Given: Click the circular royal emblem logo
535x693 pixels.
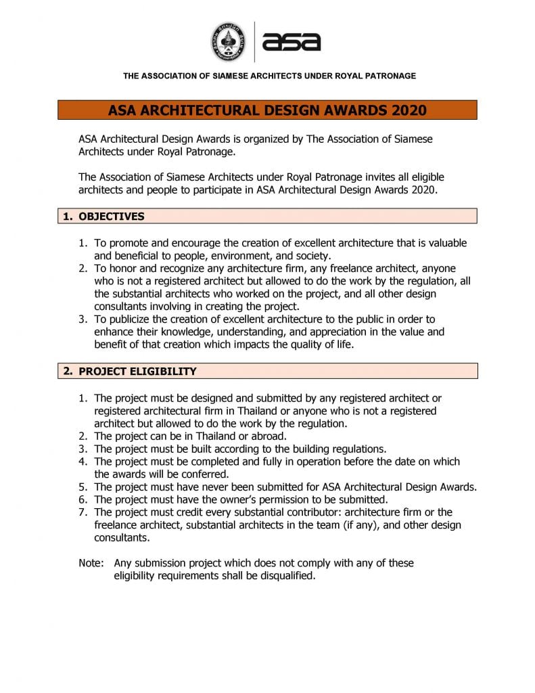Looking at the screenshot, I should point(229,41).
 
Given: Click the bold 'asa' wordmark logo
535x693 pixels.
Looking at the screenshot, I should point(292,42).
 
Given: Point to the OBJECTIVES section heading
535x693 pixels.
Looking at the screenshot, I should point(112,217).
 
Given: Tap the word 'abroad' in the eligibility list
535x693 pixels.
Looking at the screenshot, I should point(270,436).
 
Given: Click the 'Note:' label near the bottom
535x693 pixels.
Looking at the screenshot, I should point(91,563).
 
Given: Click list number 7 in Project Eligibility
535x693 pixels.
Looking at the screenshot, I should point(83,513).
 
